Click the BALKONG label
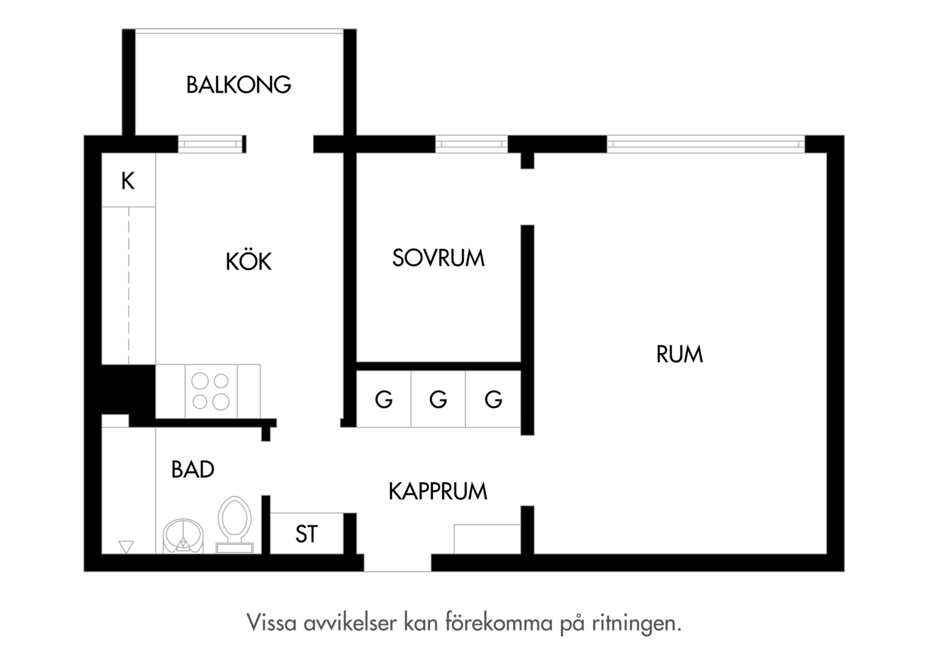tap(238, 85)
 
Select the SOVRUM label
tap(438, 258)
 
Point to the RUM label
tap(679, 354)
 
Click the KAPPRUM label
tap(438, 491)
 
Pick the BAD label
tap(193, 470)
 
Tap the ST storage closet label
tap(307, 534)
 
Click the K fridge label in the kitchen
tap(128, 181)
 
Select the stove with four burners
tap(211, 391)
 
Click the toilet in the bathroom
tap(235, 525)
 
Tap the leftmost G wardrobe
tap(383, 399)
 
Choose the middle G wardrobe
tap(438, 399)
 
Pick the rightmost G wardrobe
tap(493, 399)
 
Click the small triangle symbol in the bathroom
tap(126, 547)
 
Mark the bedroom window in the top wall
tap(471, 144)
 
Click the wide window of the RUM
tap(706, 144)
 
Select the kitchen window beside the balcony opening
tap(212, 144)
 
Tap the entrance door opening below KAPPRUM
tap(397, 563)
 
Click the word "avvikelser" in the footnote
tap(350, 623)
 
